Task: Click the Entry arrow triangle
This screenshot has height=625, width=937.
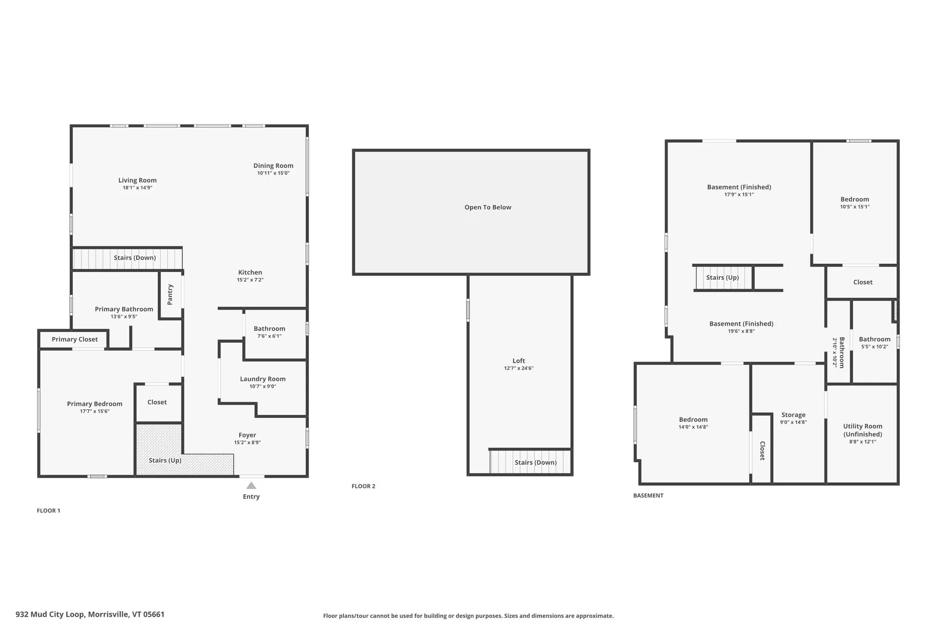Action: point(251,485)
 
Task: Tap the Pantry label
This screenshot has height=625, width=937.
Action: point(170,294)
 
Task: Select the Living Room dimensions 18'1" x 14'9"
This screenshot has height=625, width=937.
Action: point(137,188)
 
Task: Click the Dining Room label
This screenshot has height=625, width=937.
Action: point(273,166)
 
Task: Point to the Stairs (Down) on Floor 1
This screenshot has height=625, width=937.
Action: point(127,258)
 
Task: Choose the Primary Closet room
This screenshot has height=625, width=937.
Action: point(74,339)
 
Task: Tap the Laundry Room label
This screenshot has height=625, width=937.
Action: point(263,379)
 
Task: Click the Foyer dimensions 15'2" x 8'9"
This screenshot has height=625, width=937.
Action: point(247,443)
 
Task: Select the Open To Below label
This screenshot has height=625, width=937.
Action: point(488,208)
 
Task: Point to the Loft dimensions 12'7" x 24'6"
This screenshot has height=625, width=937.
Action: point(519,369)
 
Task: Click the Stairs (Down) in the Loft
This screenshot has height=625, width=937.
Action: point(530,462)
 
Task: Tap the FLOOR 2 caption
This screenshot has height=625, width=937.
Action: point(364,486)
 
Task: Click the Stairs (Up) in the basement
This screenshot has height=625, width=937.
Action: point(723,278)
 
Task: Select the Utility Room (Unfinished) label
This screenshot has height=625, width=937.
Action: point(863,430)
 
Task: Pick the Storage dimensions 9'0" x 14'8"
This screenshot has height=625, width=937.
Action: point(794,422)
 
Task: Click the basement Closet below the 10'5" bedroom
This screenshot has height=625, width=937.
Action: point(862,282)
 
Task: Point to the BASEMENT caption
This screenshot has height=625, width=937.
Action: point(648,496)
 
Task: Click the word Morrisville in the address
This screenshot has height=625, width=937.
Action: point(108,614)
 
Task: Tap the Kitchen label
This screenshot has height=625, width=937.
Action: point(250,272)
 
